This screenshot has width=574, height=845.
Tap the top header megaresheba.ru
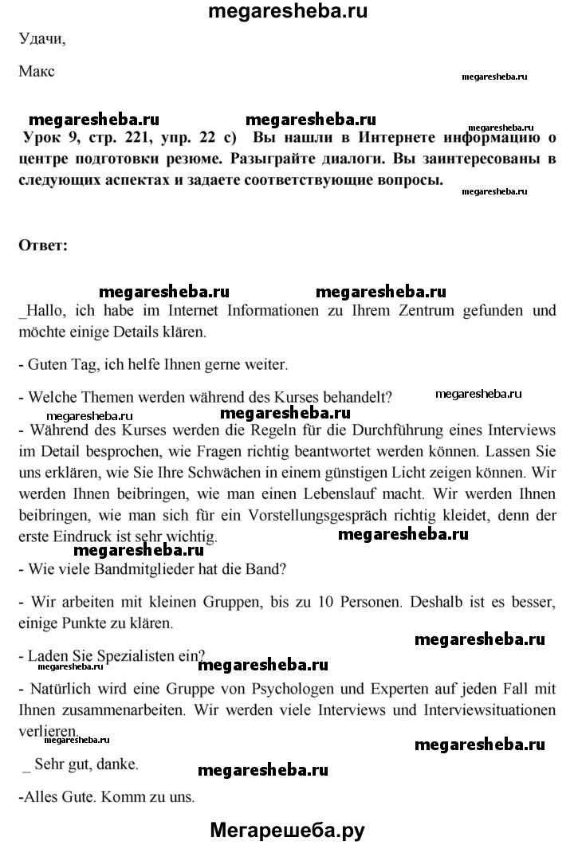click(x=287, y=11)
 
